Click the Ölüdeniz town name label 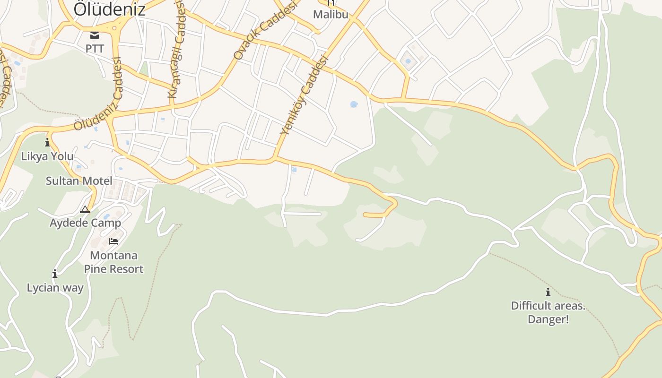click(x=109, y=9)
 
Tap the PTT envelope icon click(x=95, y=35)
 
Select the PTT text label click(x=95, y=48)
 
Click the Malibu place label click(x=331, y=14)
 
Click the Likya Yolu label click(x=47, y=156)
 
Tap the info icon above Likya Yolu click(x=47, y=142)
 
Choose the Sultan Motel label click(x=79, y=181)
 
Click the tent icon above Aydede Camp click(x=85, y=209)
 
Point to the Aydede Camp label click(x=85, y=223)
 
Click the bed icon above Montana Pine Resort click(x=113, y=241)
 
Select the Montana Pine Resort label click(x=113, y=262)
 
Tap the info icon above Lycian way click(x=55, y=274)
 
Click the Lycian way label click(x=55, y=288)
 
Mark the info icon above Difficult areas click(x=548, y=292)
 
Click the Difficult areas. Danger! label click(x=548, y=312)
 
